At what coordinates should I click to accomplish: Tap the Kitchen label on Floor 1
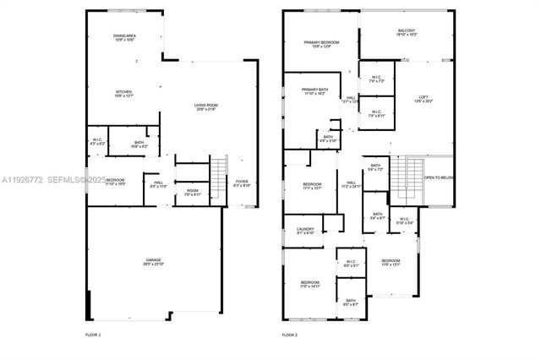point(124,94)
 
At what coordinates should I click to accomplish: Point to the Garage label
point(153,262)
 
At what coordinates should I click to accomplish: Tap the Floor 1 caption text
point(93,335)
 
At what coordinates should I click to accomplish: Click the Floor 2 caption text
point(290,335)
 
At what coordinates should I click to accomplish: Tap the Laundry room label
point(305,231)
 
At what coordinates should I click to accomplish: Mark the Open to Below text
point(439,177)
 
